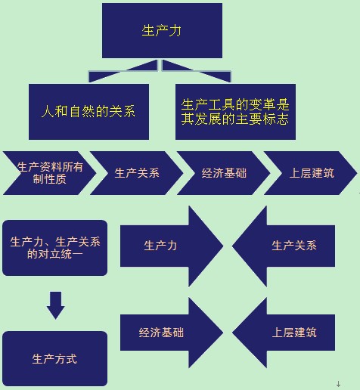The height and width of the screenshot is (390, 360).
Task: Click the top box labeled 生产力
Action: pyautogui.click(x=162, y=30)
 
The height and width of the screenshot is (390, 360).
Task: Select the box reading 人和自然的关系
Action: pyautogui.click(x=87, y=111)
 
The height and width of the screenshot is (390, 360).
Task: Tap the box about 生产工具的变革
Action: pyautogui.click(x=235, y=111)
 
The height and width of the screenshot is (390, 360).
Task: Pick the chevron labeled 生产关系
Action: pyautogui.click(x=137, y=172)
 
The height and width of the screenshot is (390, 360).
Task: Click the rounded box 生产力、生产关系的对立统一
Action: pyautogui.click(x=54, y=248)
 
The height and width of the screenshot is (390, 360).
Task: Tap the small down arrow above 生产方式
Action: pyautogui.click(x=55, y=305)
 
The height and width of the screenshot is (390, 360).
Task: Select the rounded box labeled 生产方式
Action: pyautogui.click(x=54, y=358)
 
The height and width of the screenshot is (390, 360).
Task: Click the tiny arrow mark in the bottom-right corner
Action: pyautogui.click(x=338, y=384)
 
